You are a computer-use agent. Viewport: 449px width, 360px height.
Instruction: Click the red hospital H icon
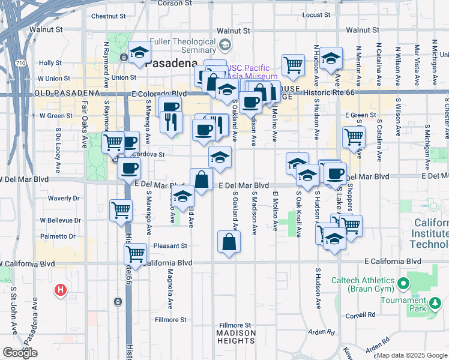pyautogui.click(x=60, y=290)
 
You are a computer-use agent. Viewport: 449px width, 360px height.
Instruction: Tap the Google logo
pyautogui.click(x=20, y=353)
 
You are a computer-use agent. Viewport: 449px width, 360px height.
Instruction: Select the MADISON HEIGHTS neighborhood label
pyautogui.click(x=236, y=337)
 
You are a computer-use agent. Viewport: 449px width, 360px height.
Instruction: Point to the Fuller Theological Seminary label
pyautogui.click(x=182, y=46)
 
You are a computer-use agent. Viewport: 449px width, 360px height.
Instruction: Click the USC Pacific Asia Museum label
pyautogui.click(x=247, y=72)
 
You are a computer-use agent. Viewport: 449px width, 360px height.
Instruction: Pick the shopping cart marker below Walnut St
pyautogui.click(x=292, y=64)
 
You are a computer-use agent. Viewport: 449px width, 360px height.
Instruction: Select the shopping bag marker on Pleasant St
pyautogui.click(x=229, y=242)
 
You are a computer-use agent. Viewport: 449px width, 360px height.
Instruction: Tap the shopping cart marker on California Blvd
pyautogui.click(x=136, y=253)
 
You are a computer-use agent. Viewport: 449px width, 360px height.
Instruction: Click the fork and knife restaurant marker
pyautogui.click(x=171, y=122)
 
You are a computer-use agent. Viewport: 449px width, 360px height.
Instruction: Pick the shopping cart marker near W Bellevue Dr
pyautogui.click(x=121, y=210)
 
